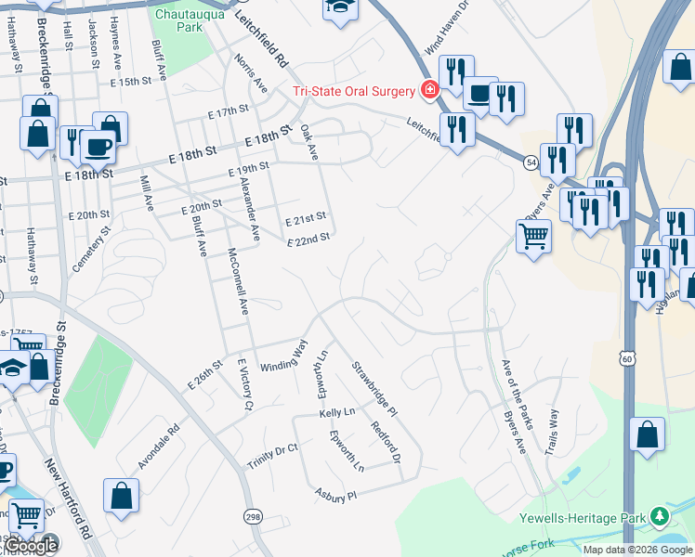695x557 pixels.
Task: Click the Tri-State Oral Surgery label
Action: (354, 90)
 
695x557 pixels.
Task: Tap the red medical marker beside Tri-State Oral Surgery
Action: (429, 90)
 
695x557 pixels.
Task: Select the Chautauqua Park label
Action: (179, 21)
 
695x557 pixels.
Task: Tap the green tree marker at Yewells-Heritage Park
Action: (660, 514)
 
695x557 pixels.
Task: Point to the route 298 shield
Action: (253, 515)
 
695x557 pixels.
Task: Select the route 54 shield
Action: (529, 161)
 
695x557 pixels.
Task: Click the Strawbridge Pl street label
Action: (374, 388)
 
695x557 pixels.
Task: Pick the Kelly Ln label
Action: (337, 411)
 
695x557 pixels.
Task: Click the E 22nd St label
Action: (308, 240)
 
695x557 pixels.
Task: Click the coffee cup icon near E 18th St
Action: (98, 146)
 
